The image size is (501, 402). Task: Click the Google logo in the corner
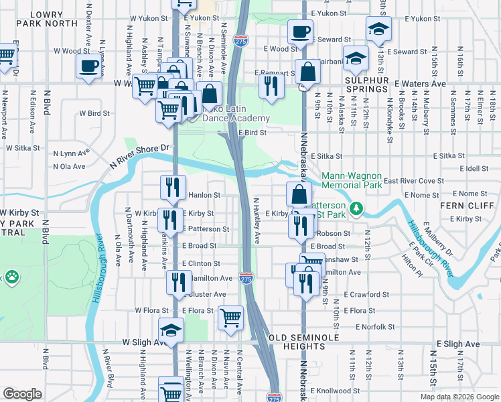(x=23, y=394)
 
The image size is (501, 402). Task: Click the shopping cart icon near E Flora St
(x=230, y=317)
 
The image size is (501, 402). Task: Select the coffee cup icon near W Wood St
(x=88, y=66)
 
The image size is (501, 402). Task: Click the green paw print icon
(x=11, y=276)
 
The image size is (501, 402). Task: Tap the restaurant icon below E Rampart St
(x=271, y=85)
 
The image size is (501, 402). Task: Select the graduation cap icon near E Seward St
(x=378, y=29)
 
